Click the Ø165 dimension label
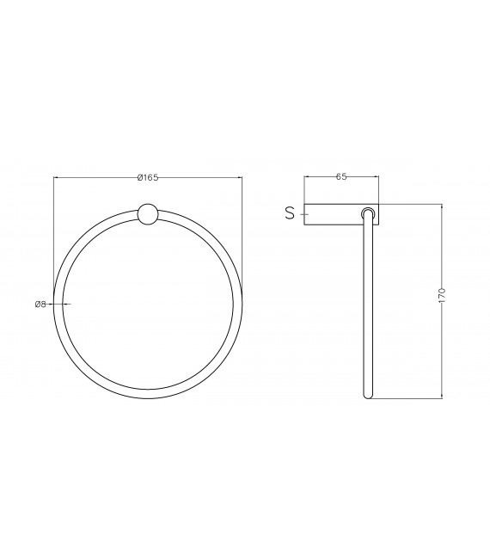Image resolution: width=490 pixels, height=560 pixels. [x=148, y=177]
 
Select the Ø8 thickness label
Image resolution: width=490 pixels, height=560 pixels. [x=40, y=304]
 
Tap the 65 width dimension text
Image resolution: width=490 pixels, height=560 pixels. [x=341, y=176]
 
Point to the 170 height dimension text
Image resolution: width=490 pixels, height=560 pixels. [x=442, y=296]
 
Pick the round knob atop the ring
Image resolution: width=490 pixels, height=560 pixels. [x=148, y=213]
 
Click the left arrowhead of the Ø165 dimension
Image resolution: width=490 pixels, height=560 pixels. [x=56, y=178]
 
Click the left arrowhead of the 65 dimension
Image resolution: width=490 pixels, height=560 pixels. [x=307, y=177]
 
